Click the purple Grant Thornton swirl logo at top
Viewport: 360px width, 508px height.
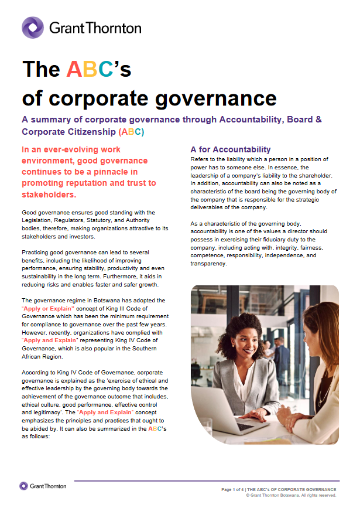click(33, 27)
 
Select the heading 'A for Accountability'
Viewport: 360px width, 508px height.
click(231, 149)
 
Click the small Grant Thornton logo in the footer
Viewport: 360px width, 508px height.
click(43, 486)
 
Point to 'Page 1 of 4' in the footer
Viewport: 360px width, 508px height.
click(232, 489)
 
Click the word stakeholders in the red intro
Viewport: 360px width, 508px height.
click(49, 195)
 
